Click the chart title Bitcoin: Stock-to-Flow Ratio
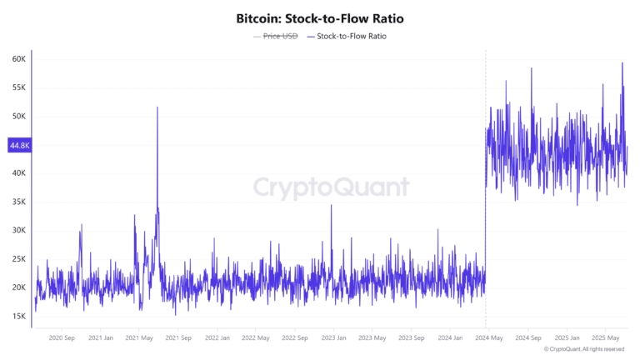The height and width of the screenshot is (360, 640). [319, 17]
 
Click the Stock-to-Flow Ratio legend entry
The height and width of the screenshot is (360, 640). [352, 37]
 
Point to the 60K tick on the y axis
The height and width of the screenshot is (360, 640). [18, 59]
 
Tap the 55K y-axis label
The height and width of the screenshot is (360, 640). [18, 87]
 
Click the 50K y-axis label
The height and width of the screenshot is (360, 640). [18, 117]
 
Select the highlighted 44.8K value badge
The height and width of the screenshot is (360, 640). [18, 145]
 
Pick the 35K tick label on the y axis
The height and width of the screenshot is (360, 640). [18, 202]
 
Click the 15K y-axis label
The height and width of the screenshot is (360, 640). [18, 316]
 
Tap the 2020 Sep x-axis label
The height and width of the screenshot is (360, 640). [63, 337]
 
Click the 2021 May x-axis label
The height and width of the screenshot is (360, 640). [140, 337]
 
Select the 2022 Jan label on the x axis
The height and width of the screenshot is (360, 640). [217, 337]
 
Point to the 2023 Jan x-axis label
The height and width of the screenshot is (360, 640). [333, 337]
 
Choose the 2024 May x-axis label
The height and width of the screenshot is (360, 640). [488, 337]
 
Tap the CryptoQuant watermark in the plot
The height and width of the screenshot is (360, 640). [331, 186]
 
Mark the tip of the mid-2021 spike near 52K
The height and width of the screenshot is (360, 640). [157, 107]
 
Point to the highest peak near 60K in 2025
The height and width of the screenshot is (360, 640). [622, 63]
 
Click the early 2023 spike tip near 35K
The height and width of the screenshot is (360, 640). [331, 205]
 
